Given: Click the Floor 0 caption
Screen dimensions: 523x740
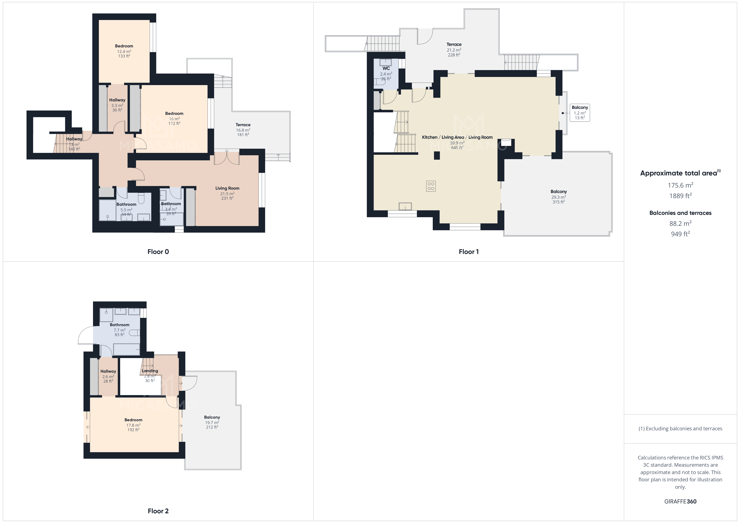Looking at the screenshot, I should tap(158, 252).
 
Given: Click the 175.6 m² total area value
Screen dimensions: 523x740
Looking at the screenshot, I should tap(680, 185).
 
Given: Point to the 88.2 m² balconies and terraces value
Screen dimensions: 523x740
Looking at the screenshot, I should tap(680, 223).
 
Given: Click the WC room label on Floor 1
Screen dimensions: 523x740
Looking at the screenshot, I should tap(386, 68).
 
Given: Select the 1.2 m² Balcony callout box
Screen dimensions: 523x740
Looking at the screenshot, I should tap(580, 112).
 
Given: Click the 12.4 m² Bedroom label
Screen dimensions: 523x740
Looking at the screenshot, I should tap(124, 46).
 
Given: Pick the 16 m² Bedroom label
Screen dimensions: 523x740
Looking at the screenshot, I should tap(174, 113).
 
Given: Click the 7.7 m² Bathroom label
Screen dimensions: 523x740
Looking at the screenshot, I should tap(120, 325).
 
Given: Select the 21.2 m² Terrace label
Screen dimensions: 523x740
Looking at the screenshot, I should tap(454, 44).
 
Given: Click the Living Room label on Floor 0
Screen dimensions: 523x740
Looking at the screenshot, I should tap(227, 188).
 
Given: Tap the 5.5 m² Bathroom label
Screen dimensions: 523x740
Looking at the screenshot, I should tap(126, 204).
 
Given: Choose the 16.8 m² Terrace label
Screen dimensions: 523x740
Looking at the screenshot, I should tap(243, 125).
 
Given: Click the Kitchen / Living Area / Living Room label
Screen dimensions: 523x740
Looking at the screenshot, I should tap(457, 137).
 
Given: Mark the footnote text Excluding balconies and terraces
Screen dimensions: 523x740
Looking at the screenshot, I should tap(680, 429).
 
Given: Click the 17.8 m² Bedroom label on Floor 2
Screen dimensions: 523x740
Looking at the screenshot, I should tap(133, 420).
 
